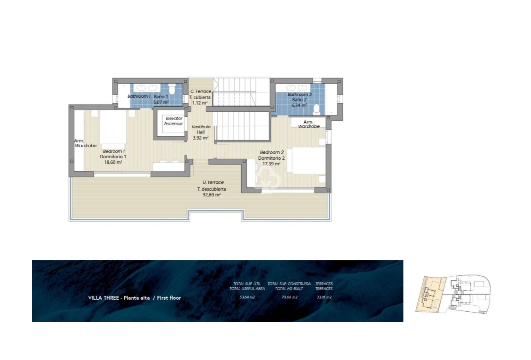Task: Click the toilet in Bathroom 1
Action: point(172,88)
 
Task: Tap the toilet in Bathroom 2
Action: point(317,109)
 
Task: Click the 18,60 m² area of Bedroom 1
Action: point(113,162)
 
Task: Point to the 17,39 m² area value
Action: point(271,164)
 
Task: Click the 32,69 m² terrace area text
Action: point(212,195)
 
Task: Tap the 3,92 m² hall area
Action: point(200,138)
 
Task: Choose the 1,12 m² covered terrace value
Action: point(200,103)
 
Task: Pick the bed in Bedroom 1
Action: point(113,128)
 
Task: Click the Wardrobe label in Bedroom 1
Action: point(85,146)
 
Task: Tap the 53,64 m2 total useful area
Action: point(247,297)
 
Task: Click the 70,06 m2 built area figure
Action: point(289,297)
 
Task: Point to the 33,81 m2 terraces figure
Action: point(323,297)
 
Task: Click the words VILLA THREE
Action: point(104,298)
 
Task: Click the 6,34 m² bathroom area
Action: point(299,105)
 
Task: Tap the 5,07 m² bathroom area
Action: point(161,102)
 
